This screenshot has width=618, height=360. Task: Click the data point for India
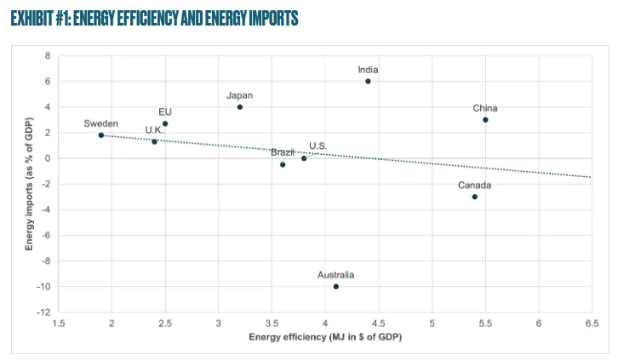pos(368,82)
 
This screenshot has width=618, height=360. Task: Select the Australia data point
pos(336,287)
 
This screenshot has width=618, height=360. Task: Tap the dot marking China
pos(485,120)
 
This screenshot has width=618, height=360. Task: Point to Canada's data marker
pos(474,197)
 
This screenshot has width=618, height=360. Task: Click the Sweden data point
pos(101,135)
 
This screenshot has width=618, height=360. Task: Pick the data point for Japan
pos(240,107)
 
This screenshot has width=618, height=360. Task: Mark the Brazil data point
pos(283,164)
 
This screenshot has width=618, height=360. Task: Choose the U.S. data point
pos(304,158)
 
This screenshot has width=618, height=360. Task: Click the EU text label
pos(165,111)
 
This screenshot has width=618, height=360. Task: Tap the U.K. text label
pos(154,130)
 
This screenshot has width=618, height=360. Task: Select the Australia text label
pos(335,275)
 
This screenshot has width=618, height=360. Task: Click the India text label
pos(369,70)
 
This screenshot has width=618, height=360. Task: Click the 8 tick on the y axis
pos(48,56)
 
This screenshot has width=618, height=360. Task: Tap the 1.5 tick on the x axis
pos(59,323)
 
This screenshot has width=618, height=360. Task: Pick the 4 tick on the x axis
pos(325,323)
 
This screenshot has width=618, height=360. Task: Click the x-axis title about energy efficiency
pos(325,338)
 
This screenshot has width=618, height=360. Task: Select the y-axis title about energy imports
pos(30,184)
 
